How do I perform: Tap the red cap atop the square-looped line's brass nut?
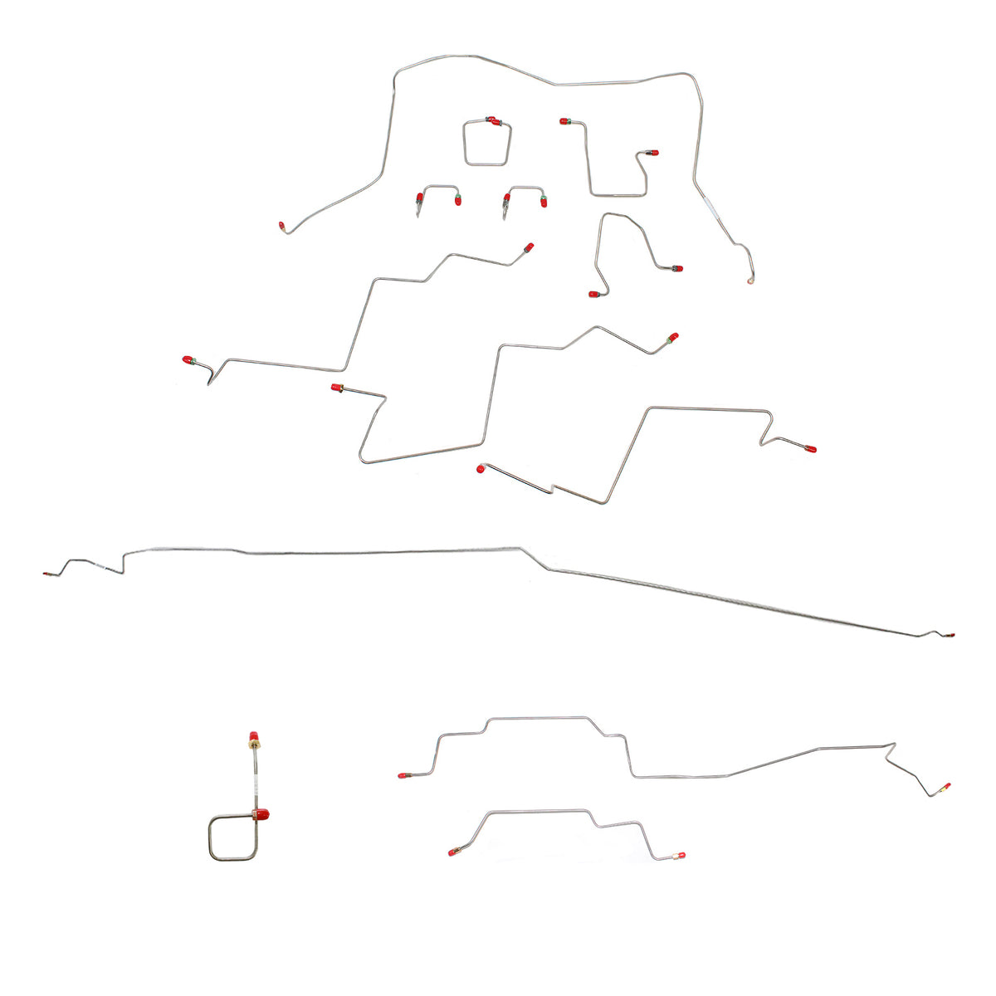[x=252, y=736]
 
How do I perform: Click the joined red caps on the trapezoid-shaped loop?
[x=494, y=122]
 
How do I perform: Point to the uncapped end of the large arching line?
[x=750, y=281]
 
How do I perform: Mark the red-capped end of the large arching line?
[x=282, y=225]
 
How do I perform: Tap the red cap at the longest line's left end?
[x=46, y=574]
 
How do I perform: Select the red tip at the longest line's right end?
[x=950, y=636]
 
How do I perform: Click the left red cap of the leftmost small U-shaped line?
[x=420, y=198]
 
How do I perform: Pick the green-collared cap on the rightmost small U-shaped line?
[x=544, y=200]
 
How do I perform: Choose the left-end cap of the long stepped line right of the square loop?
[x=402, y=775]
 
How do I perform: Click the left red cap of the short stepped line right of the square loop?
[x=453, y=852]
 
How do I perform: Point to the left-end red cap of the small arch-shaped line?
[x=593, y=294]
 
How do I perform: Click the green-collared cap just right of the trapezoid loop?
[x=565, y=122]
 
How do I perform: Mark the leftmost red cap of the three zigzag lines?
[x=188, y=360]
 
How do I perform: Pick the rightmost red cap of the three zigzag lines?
[x=811, y=448]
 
